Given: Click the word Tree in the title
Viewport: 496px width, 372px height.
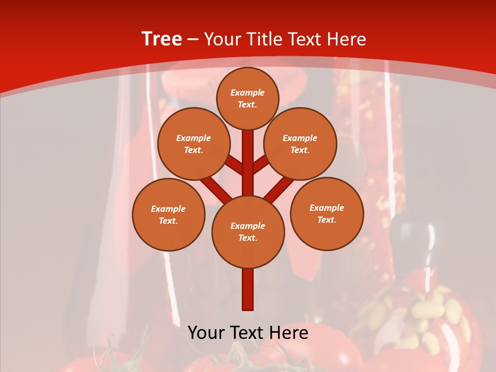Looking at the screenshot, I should [162, 39].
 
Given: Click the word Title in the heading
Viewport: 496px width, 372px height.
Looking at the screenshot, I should [261, 39].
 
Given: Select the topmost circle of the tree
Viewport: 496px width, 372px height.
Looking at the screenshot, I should [247, 98].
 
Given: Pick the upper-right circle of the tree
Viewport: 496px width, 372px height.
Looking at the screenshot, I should [300, 144].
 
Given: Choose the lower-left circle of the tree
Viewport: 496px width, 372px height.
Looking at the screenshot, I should [168, 214].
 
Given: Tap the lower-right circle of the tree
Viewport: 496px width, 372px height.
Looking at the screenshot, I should [327, 213].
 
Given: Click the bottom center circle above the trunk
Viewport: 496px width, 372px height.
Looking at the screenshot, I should [248, 231].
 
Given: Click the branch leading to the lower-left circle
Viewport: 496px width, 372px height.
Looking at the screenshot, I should [215, 188].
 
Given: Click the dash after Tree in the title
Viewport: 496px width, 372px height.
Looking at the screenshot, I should [193, 39].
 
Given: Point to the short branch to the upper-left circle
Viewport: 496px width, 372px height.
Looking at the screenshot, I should [234, 165].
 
